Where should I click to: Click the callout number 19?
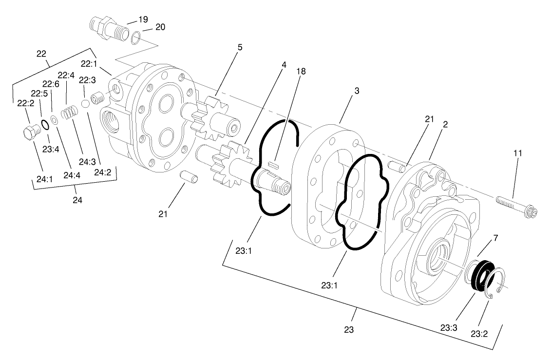coord(142,19)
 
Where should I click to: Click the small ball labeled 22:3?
coord(85,103)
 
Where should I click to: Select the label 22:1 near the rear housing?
coord(89,64)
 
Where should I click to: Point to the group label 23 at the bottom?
coord(348,329)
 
